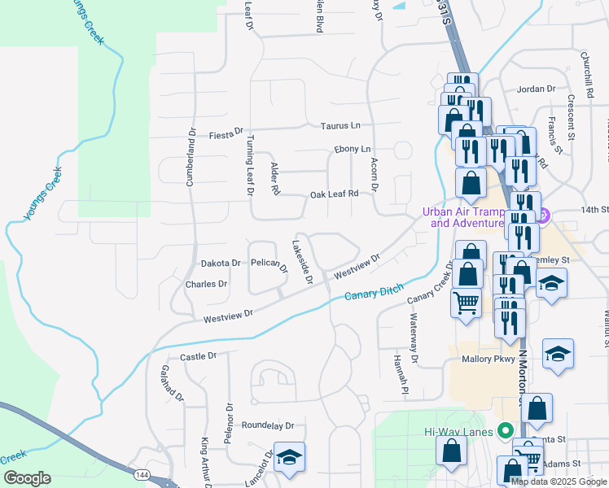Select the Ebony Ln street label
click(352, 150)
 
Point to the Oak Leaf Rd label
click(334, 194)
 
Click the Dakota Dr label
click(221, 264)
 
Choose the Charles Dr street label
click(206, 285)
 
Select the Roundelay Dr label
click(267, 425)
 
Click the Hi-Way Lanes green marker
click(505, 431)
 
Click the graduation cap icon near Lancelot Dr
click(289, 458)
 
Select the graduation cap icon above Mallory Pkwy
click(559, 353)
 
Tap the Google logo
click(27, 478)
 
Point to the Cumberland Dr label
click(192, 156)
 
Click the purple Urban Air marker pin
click(545, 216)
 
